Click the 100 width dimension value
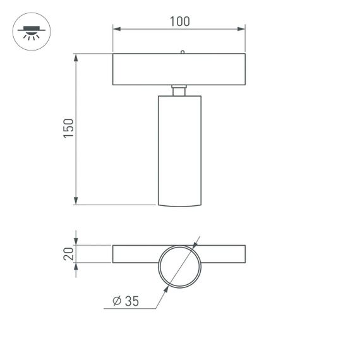179,21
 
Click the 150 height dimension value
69,129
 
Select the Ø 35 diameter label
125,301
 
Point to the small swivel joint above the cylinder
179,90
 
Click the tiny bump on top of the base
182,52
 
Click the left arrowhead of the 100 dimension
116,29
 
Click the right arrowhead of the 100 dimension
242,29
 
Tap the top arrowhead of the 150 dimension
76,57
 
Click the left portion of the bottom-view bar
135,254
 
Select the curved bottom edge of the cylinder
179,205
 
